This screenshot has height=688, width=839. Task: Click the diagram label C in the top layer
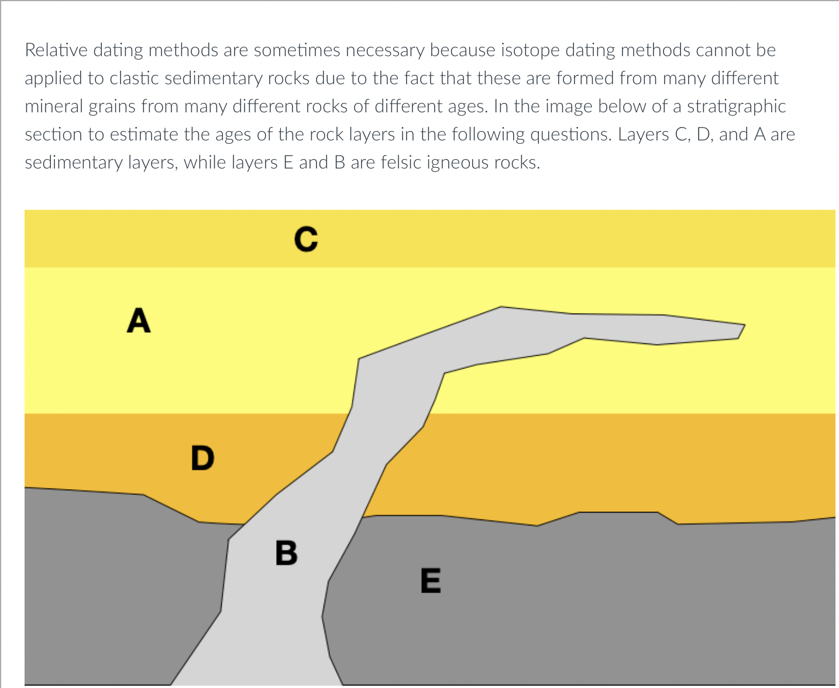pyautogui.click(x=306, y=239)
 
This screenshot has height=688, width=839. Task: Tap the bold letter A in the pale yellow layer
pyautogui.click(x=139, y=320)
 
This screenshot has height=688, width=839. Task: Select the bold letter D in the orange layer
pyautogui.click(x=202, y=457)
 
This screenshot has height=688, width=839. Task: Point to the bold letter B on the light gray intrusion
pyautogui.click(x=287, y=552)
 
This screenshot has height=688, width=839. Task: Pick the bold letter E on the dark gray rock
pyautogui.click(x=431, y=580)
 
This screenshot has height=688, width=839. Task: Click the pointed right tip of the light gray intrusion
pyautogui.click(x=745, y=325)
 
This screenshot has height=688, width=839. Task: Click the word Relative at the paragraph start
pyautogui.click(x=56, y=50)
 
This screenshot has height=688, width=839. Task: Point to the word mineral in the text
pyautogui.click(x=53, y=106)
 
